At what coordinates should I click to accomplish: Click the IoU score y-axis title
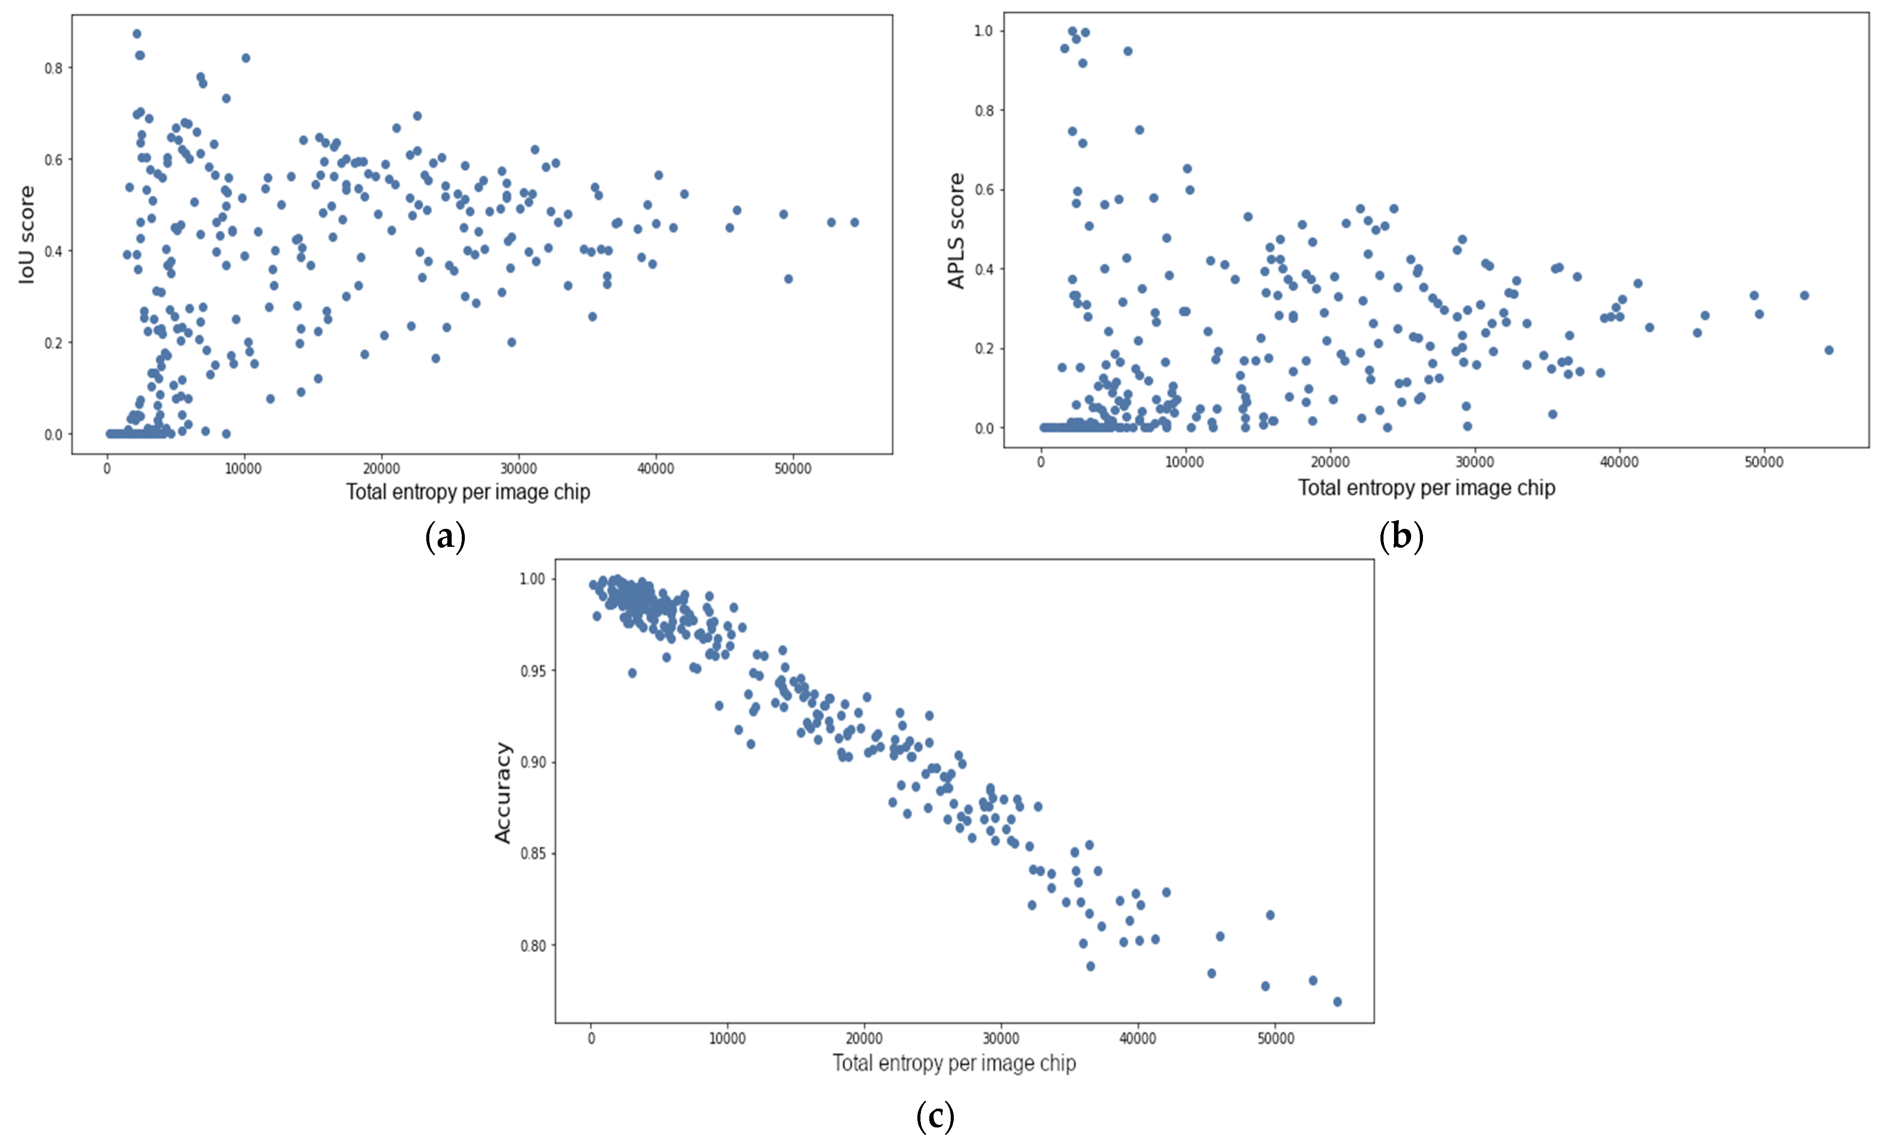(27, 235)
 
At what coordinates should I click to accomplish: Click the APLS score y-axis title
(956, 231)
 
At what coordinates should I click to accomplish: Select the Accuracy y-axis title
(503, 792)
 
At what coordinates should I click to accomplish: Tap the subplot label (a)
(445, 536)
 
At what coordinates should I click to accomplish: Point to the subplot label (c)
(935, 1116)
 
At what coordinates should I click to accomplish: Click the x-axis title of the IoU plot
(468, 492)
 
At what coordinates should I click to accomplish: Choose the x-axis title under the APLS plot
(1426, 488)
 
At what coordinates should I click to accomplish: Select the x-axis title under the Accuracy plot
(954, 1063)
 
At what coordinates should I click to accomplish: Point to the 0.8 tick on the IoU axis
(53, 68)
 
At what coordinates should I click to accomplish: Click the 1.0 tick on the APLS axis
(983, 31)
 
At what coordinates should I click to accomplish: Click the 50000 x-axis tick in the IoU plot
(792, 469)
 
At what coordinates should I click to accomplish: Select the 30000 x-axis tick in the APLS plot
(1474, 462)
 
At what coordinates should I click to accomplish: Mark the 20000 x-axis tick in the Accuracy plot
(864, 1038)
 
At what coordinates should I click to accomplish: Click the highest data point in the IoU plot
(136, 34)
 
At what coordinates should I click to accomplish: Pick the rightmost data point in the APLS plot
(1829, 350)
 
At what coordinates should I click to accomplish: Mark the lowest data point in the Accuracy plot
(1337, 1002)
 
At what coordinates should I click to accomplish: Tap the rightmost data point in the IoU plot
(855, 222)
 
